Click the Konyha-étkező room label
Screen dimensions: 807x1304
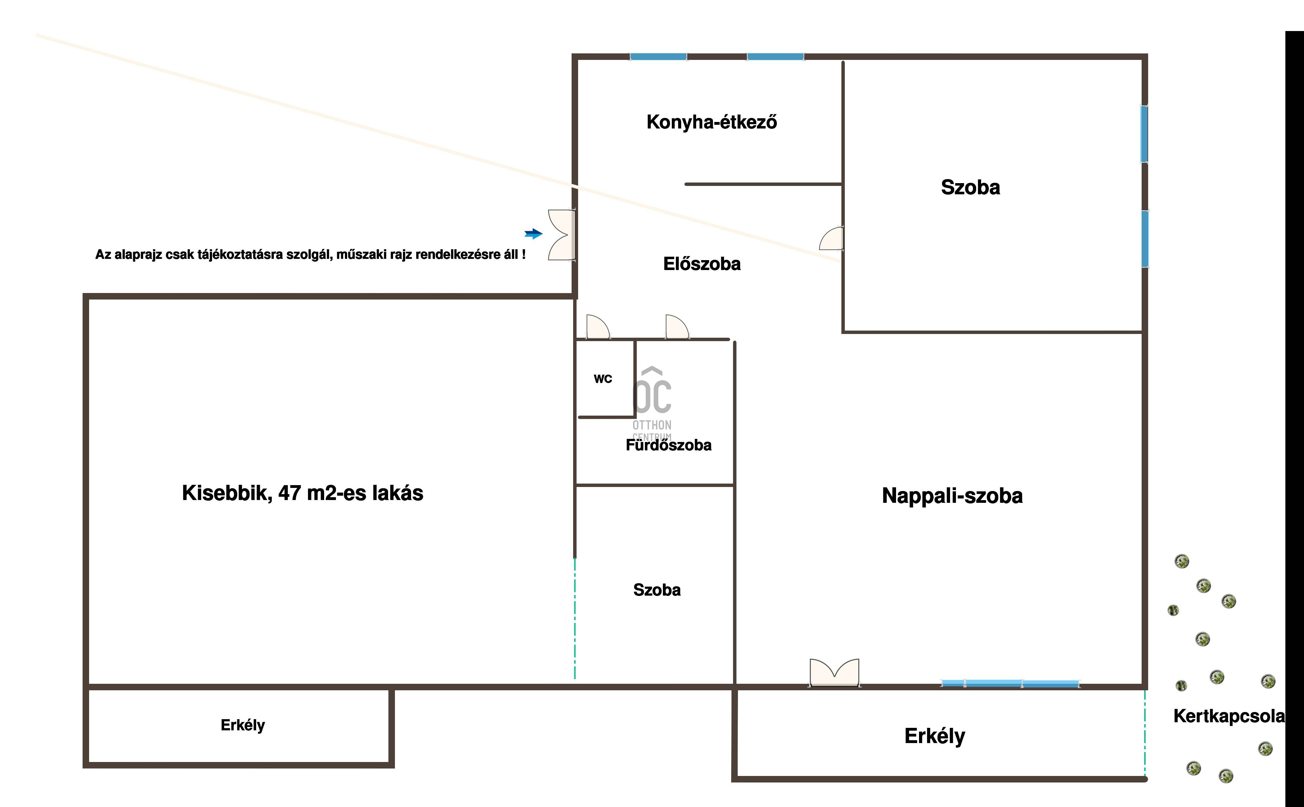tap(712, 122)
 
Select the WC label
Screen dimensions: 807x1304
tap(603, 379)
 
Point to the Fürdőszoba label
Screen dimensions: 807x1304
tap(668, 445)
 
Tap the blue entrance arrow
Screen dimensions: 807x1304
tap(533, 233)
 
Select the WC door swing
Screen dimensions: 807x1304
tap(597, 327)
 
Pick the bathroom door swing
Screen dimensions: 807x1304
tap(676, 327)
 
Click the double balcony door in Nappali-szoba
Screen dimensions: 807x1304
tap(834, 673)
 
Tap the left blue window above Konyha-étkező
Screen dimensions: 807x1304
tap(658, 56)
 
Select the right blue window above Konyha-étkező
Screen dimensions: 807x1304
tap(775, 56)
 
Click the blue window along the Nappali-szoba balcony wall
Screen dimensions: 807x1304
tap(1010, 683)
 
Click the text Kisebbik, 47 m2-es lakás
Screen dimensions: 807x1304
tap(303, 493)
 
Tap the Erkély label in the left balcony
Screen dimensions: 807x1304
tap(243, 725)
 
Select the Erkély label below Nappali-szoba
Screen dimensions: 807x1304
tap(935, 736)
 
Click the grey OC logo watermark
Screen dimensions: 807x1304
tap(652, 392)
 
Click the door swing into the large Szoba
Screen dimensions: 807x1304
tap(832, 239)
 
